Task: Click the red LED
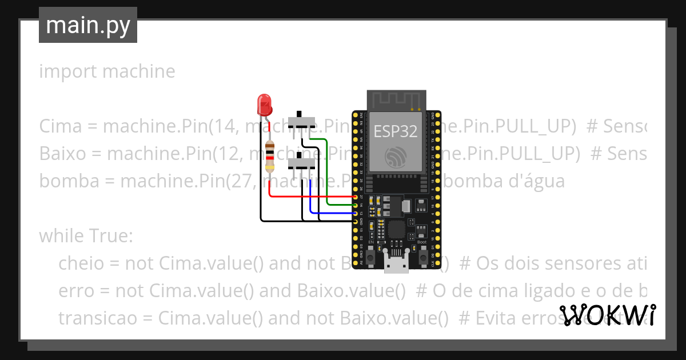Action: click(x=264, y=104)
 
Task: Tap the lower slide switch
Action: click(x=302, y=164)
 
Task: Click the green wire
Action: click(x=326, y=171)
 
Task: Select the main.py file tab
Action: click(x=88, y=26)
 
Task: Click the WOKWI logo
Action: click(x=607, y=315)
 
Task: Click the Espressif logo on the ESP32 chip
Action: click(x=396, y=157)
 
